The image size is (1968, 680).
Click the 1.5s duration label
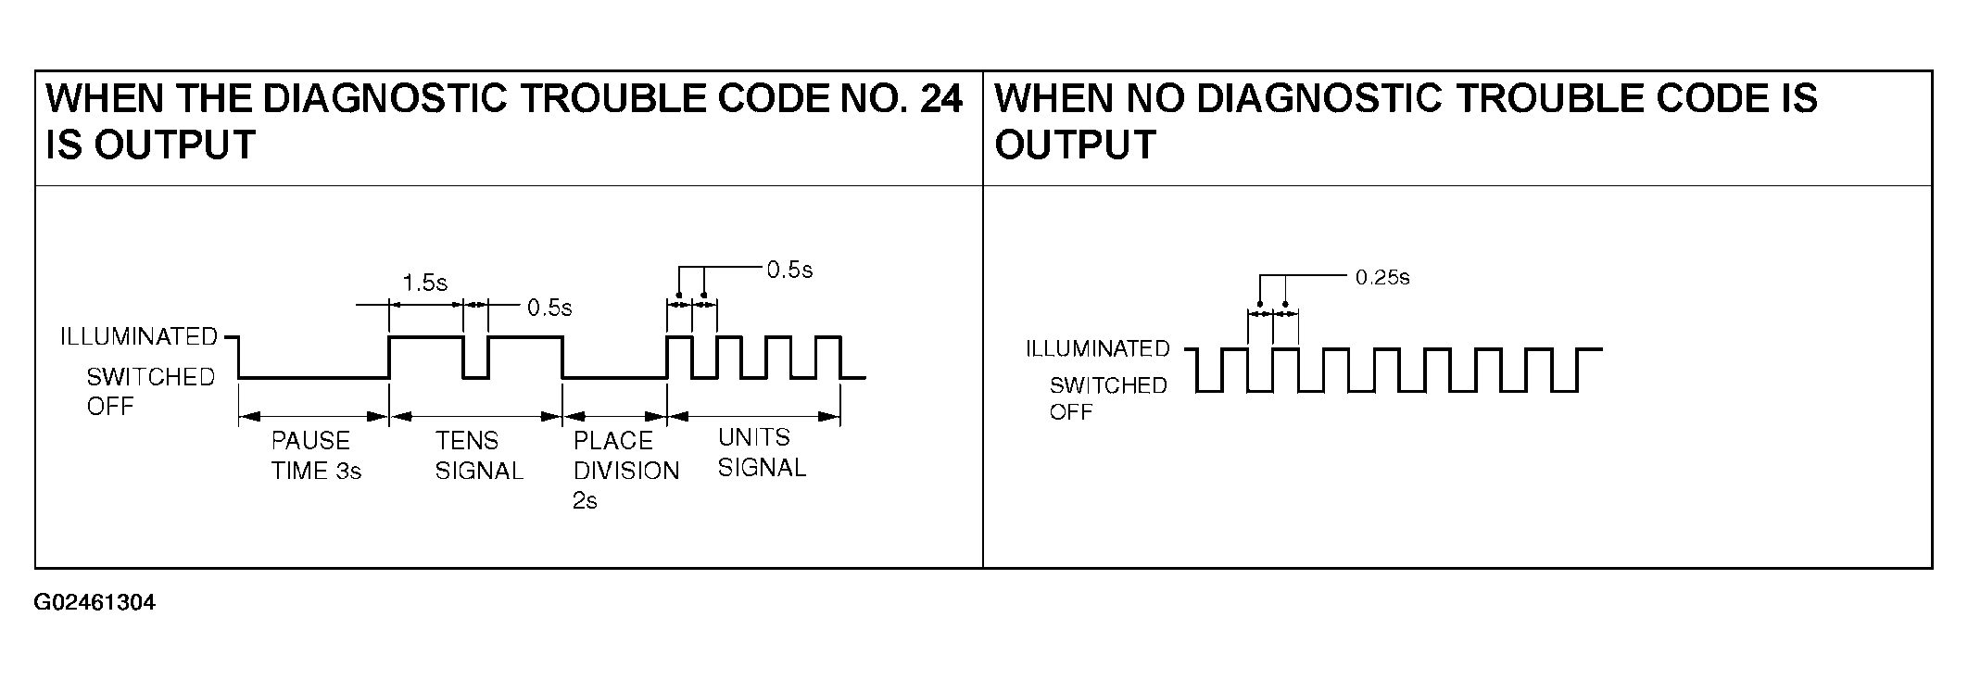(x=424, y=283)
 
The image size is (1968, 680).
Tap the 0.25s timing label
(x=1381, y=278)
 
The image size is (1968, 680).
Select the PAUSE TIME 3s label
(x=315, y=456)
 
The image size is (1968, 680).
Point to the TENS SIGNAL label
(x=479, y=456)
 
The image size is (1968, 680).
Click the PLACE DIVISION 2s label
(x=624, y=470)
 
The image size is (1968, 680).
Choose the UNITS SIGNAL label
(x=761, y=452)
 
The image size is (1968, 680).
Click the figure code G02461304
(x=95, y=603)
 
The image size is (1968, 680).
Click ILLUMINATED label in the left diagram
(x=138, y=336)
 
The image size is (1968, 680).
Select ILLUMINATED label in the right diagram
(x=1097, y=349)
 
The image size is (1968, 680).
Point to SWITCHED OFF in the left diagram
(x=150, y=391)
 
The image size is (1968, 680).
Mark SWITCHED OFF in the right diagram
(x=1107, y=398)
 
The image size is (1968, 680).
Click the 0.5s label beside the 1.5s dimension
(x=549, y=308)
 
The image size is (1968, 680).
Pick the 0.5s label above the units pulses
(x=789, y=270)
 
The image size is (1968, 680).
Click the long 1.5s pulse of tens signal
(x=425, y=337)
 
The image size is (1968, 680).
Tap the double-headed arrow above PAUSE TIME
(x=313, y=417)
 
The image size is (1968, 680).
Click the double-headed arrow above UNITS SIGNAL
(x=753, y=417)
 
